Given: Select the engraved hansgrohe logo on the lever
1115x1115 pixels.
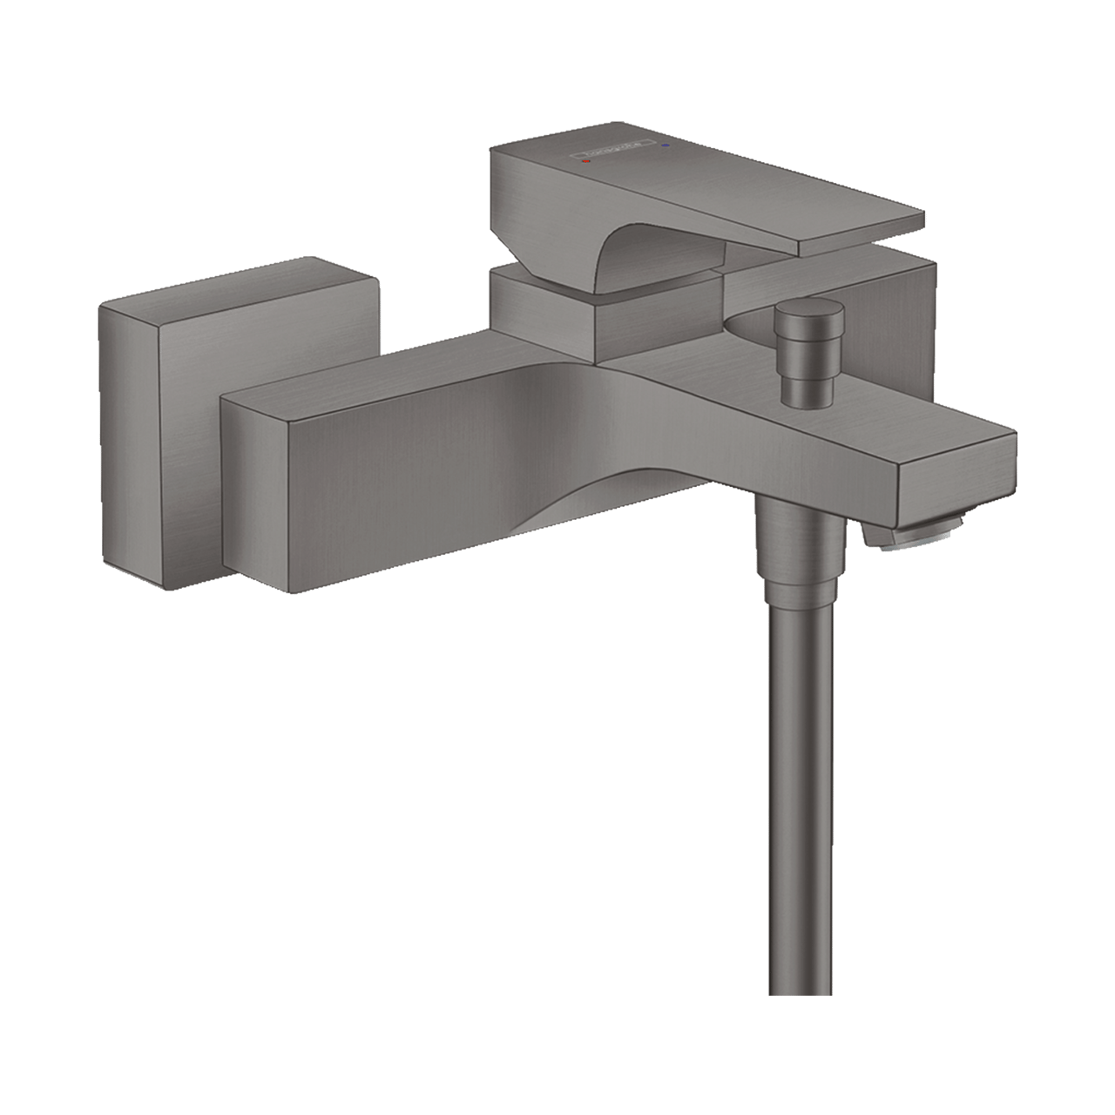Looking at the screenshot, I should point(624,153).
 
